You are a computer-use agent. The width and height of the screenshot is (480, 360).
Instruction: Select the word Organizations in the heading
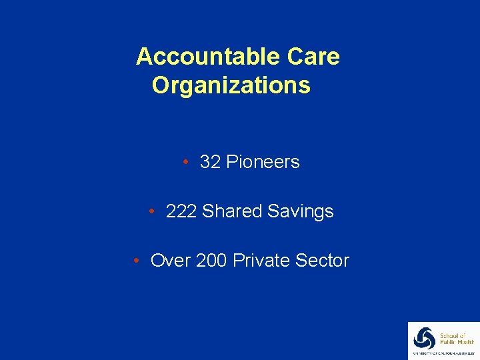coord(231,86)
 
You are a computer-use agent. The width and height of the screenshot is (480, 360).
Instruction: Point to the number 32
coord(210,162)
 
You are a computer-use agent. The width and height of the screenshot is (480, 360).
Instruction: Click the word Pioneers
coord(263,162)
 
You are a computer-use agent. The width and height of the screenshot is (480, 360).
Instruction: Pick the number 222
coord(181,211)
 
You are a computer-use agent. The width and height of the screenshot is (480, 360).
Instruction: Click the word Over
coord(171,261)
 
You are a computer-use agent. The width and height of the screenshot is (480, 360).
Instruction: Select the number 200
coord(211,261)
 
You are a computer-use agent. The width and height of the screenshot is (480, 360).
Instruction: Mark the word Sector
coord(323,261)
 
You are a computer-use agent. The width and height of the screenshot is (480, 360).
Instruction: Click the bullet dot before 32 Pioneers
coord(187,162)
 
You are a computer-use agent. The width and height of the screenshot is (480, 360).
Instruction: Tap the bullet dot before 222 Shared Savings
coord(153,211)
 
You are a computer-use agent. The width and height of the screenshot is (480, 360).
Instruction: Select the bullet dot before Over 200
coord(136,261)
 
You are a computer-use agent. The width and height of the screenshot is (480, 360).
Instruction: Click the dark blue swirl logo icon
coord(424,337)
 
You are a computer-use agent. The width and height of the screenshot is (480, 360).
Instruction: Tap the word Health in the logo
coord(462,343)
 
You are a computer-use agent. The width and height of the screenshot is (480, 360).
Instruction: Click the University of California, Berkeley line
coord(443,353)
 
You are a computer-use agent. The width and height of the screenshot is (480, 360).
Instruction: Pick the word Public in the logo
coord(447,343)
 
